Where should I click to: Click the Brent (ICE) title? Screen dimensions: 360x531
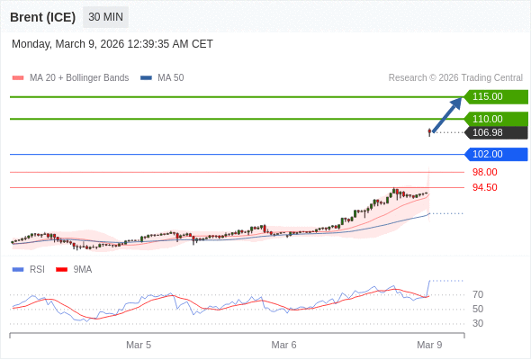tap(42, 17)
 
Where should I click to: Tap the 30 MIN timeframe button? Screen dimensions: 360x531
tap(106, 17)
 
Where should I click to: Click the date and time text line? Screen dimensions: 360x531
tap(112, 44)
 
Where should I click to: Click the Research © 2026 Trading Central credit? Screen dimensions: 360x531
tap(455, 78)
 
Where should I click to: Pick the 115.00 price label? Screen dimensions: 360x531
tap(487, 96)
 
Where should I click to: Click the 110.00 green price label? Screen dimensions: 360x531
tap(487, 119)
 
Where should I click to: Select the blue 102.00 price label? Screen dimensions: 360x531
tap(487, 154)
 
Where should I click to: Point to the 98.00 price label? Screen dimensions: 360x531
tap(484, 172)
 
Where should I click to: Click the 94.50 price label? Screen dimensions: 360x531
tap(484, 187)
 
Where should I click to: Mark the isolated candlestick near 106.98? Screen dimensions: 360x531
tap(430, 132)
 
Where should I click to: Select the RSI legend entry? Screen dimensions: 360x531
tap(37, 269)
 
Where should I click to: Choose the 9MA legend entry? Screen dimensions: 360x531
tap(82, 269)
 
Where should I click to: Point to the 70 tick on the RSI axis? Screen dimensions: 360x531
tap(478, 294)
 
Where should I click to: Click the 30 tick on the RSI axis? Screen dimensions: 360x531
tap(478, 323)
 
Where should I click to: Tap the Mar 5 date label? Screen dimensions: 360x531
tap(139, 345)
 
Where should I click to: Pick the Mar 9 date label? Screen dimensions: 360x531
tap(429, 345)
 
